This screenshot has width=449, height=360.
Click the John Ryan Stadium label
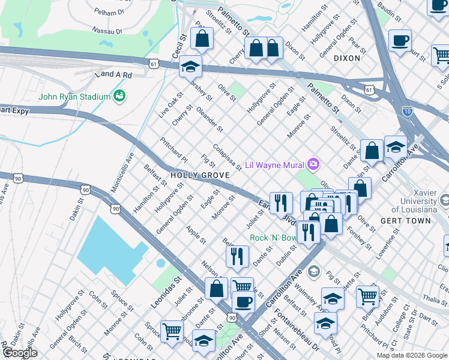coord(74,97)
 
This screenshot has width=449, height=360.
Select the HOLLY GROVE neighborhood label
coord(199,175)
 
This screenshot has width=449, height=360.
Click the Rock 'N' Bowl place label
coord(273,238)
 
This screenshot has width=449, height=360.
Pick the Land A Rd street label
coord(112,74)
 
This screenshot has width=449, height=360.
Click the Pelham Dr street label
coord(109,11)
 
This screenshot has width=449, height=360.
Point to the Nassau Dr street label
coord(107,29)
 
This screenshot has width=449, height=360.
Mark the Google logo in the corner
coord(20,353)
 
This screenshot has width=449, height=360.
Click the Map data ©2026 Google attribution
coord(412,355)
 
